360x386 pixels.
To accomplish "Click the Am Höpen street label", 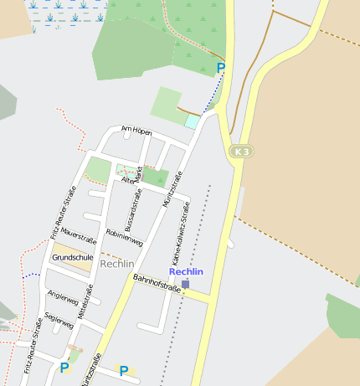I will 136,131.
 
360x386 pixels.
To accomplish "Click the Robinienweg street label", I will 125,237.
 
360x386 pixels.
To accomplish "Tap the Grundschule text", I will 72,258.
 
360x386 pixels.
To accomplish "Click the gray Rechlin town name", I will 116,264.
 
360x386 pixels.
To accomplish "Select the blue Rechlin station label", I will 186,271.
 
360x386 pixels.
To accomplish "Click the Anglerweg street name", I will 63,298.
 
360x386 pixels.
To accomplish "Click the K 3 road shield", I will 240,151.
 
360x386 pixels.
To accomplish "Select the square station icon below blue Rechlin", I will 186,284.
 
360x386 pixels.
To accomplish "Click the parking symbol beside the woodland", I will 221,68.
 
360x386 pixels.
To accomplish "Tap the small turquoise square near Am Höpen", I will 192,121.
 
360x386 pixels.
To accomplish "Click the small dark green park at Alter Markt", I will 156,176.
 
